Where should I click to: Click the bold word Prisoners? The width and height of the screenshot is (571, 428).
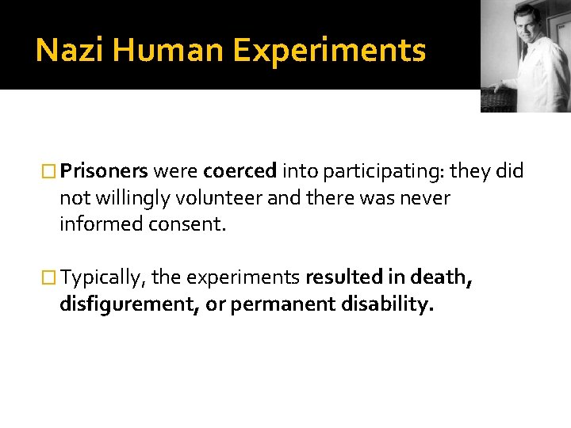[x=104, y=170]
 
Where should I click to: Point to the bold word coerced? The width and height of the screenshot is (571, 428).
[x=240, y=170]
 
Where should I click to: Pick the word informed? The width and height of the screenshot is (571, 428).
[x=97, y=224]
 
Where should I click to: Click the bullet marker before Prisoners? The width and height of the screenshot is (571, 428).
[x=51, y=171]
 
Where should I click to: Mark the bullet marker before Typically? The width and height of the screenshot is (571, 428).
[x=51, y=277]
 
